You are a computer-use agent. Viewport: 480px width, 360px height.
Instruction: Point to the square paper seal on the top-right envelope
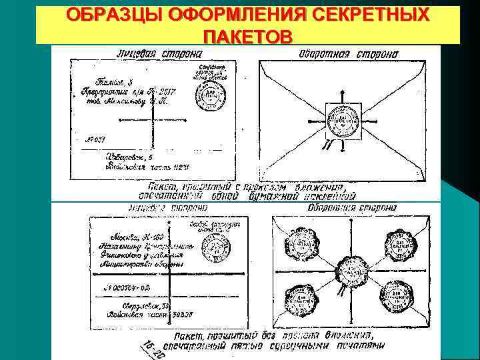(x=343, y=122)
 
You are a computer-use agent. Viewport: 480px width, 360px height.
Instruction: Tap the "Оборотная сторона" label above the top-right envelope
(x=349, y=53)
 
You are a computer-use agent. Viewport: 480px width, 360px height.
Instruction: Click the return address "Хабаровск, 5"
(x=129, y=158)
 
